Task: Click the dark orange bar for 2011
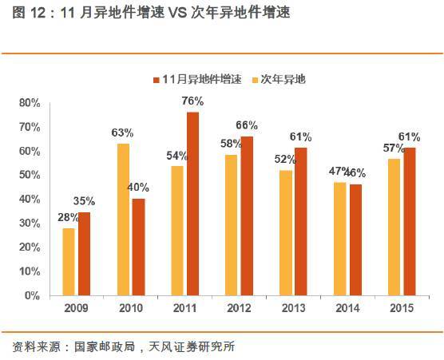tap(192, 204)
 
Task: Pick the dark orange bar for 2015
tap(410, 221)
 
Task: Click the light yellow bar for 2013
tap(286, 232)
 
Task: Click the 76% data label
tap(192, 101)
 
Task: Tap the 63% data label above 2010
tap(121, 133)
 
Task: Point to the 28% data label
tap(67, 217)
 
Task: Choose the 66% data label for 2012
tap(247, 125)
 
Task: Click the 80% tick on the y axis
tap(30, 103)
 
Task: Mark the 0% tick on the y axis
tap(33, 295)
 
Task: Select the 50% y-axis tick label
tap(30, 175)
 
